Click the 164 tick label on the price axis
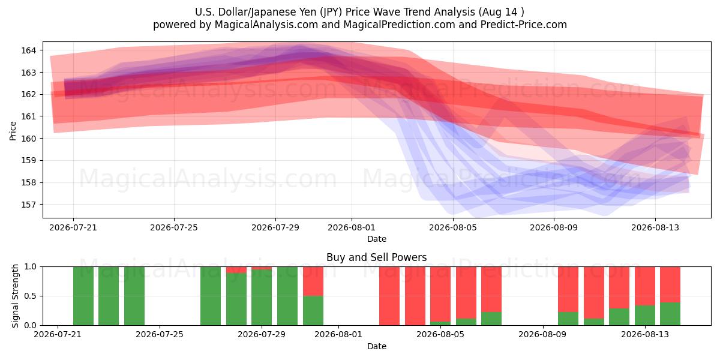coord(28,50)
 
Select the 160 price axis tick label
coord(28,139)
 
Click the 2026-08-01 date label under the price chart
coord(352,227)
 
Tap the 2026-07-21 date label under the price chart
coord(73,227)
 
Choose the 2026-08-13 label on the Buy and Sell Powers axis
coord(645,334)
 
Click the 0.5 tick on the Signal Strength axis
coord(31,296)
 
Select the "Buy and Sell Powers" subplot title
coord(376,257)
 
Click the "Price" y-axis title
coord(13,131)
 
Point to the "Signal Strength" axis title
coord(15,296)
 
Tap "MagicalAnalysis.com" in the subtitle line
coord(266,25)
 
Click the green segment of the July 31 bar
coord(313,311)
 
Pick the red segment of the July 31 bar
coord(313,281)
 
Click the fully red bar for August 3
coord(389,296)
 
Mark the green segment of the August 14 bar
coord(670,314)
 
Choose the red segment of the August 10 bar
coord(568,289)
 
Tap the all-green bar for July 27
coord(211,296)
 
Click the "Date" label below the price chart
coord(377,239)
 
